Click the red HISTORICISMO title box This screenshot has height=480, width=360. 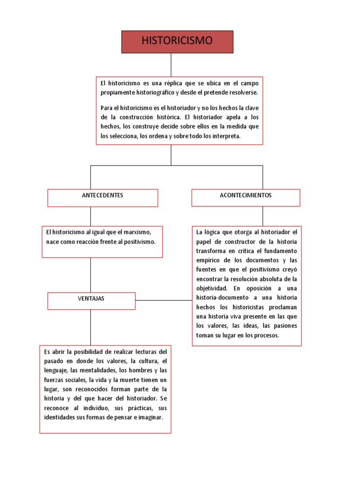tap(177, 42)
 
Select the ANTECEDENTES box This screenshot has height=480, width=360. tap(103, 197)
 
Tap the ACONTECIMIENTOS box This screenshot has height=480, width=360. tap(246, 197)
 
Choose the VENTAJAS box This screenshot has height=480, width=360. tap(91, 301)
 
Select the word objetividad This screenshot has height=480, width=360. tap(211, 288)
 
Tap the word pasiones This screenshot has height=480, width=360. tap(283, 326)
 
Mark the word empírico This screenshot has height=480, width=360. tap(208, 260)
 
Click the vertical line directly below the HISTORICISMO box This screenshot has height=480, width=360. tap(171, 65)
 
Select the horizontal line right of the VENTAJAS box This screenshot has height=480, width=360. tap(164, 300)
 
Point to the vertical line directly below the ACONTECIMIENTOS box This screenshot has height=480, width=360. tap(262, 216)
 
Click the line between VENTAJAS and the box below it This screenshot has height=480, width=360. tap(90, 327)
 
